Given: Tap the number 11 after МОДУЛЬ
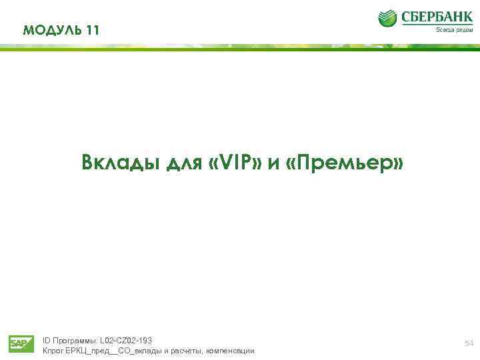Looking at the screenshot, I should [92, 30].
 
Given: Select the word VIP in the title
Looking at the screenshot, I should [236, 163].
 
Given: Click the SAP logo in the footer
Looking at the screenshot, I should [21, 343].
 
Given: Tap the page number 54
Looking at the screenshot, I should [468, 343].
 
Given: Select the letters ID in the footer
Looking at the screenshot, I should [46, 341].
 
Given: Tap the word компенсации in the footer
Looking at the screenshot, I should [230, 351].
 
